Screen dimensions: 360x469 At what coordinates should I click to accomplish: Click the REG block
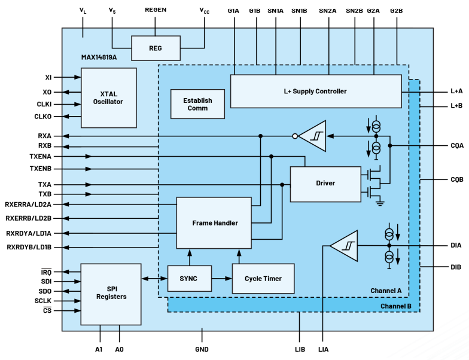click(156, 48)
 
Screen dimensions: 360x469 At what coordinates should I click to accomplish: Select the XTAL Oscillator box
click(108, 97)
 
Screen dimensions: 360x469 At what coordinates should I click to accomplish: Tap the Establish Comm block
click(197, 104)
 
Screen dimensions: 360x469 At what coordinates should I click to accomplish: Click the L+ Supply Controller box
click(315, 91)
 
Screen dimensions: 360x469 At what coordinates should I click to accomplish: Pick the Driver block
click(325, 184)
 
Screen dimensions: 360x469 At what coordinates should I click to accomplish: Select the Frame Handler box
click(214, 222)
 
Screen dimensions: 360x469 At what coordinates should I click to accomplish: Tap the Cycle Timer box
click(263, 279)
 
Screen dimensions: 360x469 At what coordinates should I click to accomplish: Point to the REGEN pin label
click(156, 10)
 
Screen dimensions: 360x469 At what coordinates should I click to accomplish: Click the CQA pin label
click(456, 145)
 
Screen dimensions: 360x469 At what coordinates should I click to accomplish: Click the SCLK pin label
click(43, 300)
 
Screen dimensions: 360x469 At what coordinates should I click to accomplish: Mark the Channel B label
click(395, 306)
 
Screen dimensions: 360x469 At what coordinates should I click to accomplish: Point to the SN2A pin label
click(327, 10)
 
